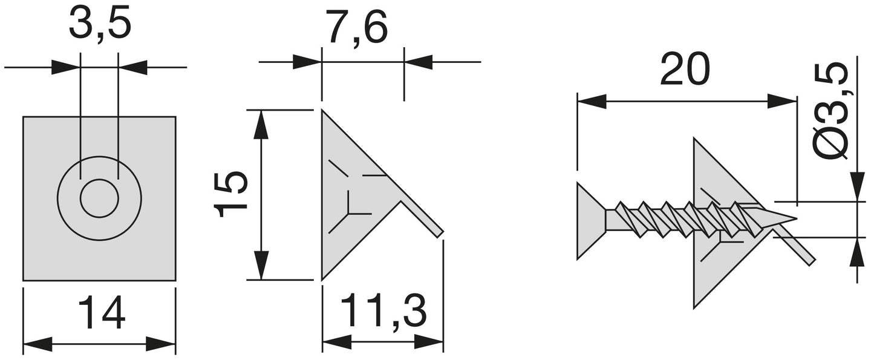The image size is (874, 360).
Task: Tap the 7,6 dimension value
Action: click(357, 28)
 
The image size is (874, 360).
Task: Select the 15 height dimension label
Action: click(232, 195)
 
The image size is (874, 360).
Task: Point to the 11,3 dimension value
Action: click(383, 311)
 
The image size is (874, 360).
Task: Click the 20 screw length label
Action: click(684, 70)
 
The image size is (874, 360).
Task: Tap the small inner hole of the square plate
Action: click(99, 198)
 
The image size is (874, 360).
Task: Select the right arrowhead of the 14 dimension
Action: click(161, 345)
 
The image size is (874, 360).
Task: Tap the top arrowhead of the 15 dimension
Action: click(260, 124)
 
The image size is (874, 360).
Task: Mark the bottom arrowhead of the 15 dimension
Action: click(260, 266)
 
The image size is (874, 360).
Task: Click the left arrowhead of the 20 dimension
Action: click(592, 101)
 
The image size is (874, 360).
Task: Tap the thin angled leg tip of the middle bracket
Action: click(439, 233)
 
